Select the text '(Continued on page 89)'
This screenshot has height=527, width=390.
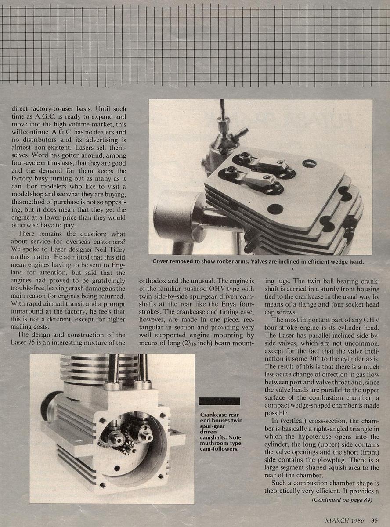[x=342, y=500]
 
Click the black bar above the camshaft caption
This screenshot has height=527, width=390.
[x=219, y=401]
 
